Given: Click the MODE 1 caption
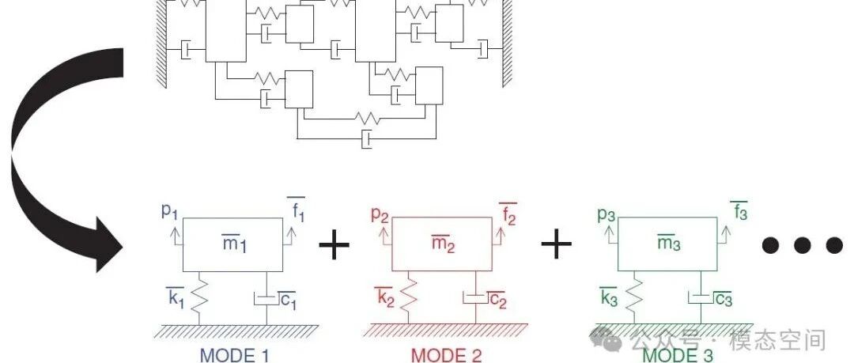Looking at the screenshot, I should [234, 355].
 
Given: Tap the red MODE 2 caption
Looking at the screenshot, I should [446, 355].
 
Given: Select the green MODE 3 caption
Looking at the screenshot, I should [677, 354].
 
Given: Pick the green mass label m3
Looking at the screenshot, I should [669, 245].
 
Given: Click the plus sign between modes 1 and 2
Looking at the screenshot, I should [334, 246].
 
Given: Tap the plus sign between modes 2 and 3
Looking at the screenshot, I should [557, 246].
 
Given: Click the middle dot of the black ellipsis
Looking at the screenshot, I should [803, 246].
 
